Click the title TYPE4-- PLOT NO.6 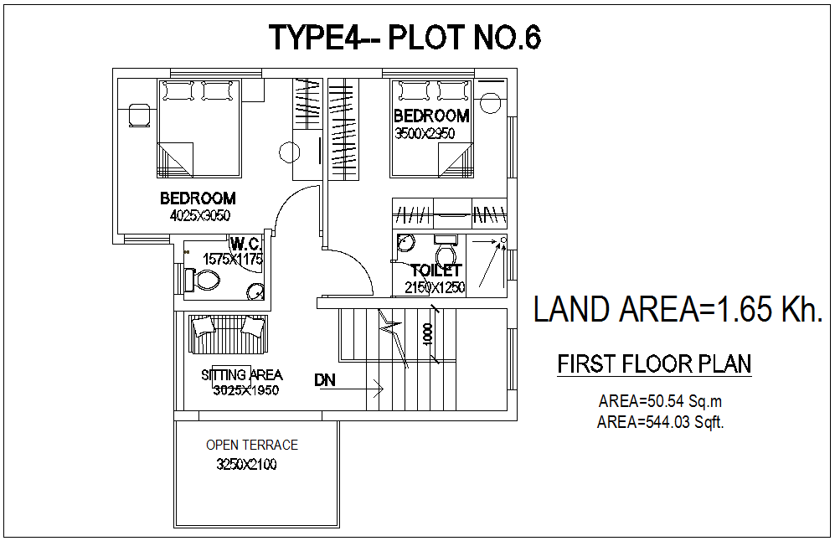[405, 38]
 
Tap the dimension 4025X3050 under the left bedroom [199, 215]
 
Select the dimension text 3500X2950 [425, 133]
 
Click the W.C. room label [246, 244]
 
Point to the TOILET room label [436, 270]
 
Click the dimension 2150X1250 [435, 287]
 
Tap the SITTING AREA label [242, 375]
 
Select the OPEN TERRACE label [252, 445]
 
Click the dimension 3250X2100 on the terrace [246, 464]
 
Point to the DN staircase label [325, 380]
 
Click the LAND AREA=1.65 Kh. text [678, 310]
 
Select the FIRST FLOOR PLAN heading [654, 364]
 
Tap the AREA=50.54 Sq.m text [660, 402]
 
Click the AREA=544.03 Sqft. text [660, 423]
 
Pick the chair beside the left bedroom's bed [139, 115]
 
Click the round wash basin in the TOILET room [405, 243]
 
